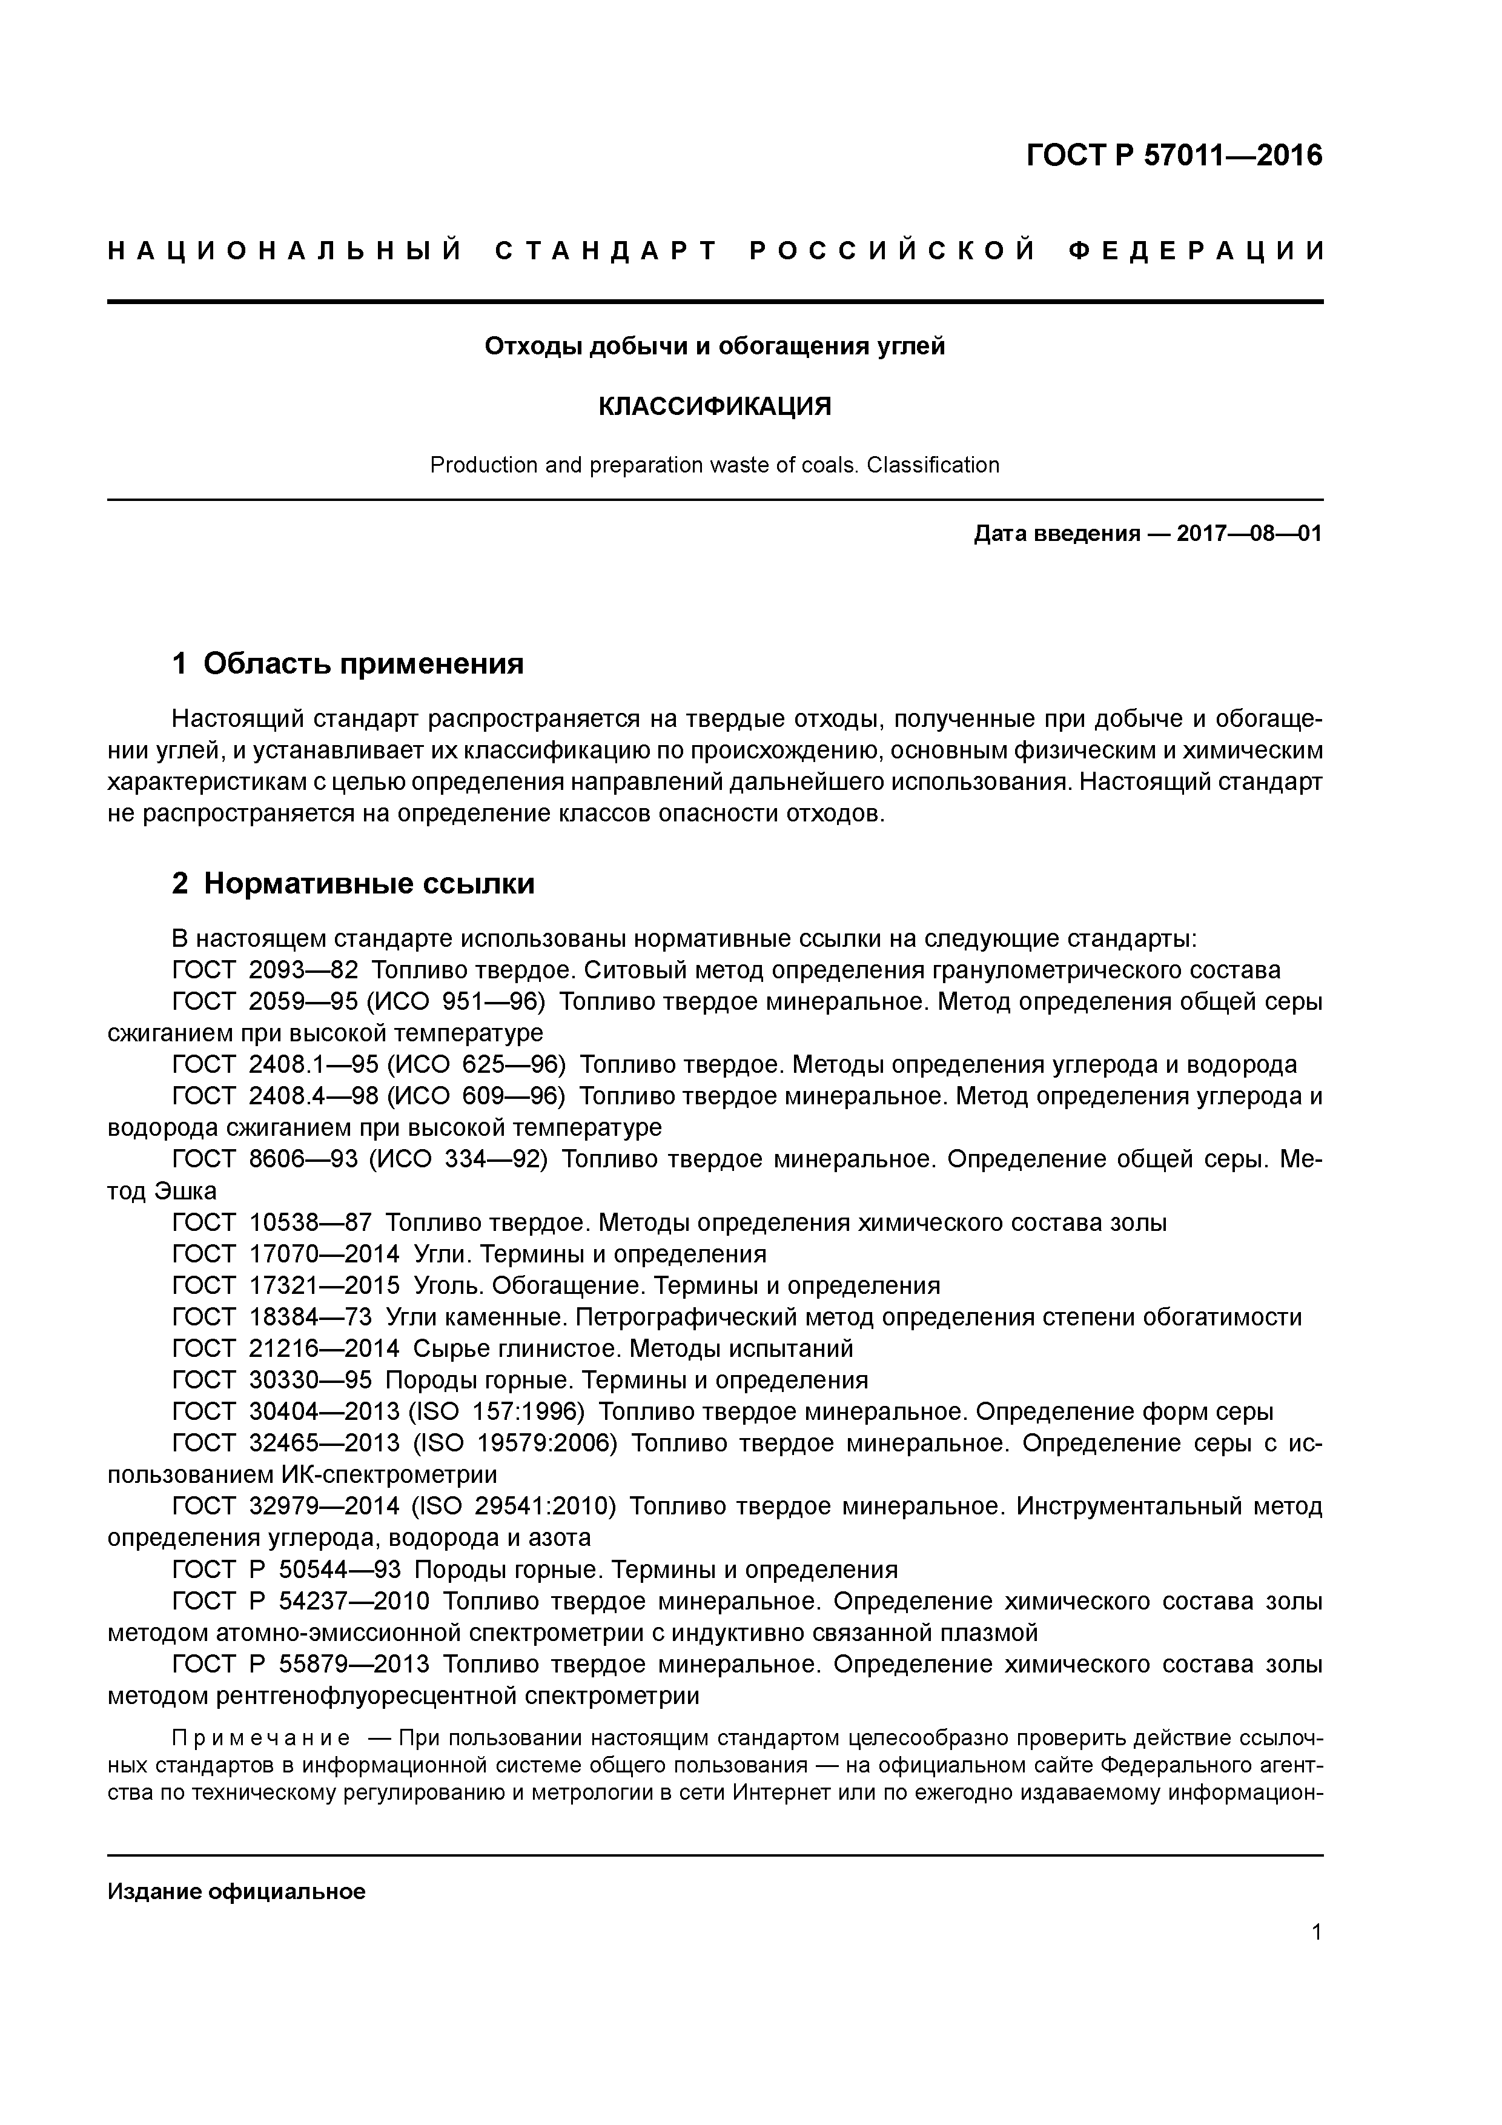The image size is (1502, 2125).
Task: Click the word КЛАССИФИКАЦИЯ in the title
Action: (715, 405)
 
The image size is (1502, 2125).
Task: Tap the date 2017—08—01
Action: (1249, 534)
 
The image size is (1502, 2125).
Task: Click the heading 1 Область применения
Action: (348, 663)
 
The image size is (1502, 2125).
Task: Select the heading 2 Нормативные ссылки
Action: (354, 883)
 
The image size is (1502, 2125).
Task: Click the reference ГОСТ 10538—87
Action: (271, 1222)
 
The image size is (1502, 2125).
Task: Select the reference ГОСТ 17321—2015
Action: (286, 1285)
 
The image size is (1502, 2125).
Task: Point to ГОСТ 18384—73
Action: (271, 1317)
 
